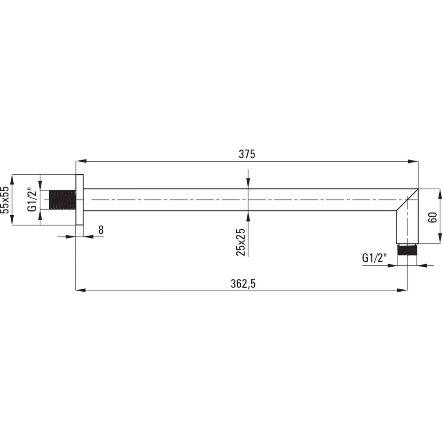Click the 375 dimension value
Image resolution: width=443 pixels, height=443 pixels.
click(x=247, y=154)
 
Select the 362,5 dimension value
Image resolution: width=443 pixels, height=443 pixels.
click(x=243, y=284)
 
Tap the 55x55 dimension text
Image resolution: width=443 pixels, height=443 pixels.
click(x=5, y=200)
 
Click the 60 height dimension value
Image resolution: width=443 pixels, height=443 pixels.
click(x=432, y=217)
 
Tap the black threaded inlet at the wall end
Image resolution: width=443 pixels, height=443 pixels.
click(x=62, y=200)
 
